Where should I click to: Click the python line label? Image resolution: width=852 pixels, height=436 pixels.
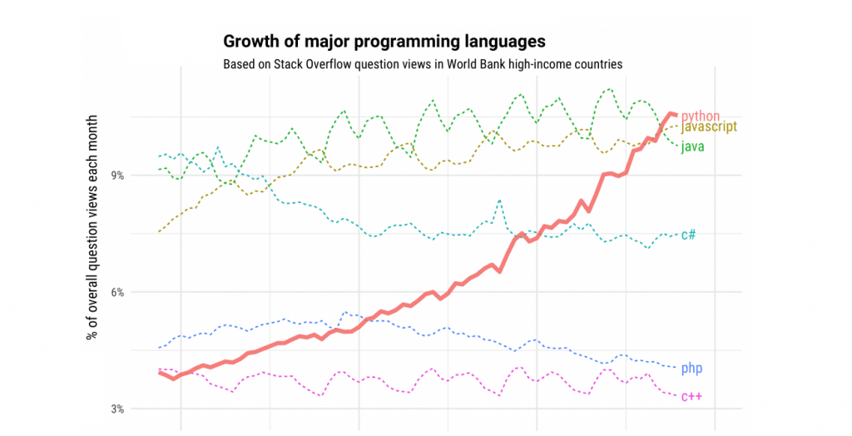[700, 116]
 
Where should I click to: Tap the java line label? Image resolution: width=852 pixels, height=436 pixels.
[693, 147]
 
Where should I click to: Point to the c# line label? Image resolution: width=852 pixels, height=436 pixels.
[688, 235]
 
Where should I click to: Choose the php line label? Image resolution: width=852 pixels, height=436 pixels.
[691, 368]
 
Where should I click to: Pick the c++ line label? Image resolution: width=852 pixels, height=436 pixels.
[691, 396]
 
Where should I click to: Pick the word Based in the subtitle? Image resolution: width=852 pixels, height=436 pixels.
[239, 64]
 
